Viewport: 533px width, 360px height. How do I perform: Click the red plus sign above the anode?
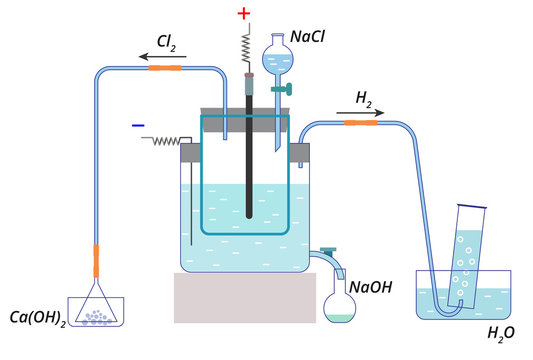click(x=245, y=14)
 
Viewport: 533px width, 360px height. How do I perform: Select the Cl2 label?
click(x=167, y=42)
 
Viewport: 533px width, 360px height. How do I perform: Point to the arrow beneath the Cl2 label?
click(x=155, y=58)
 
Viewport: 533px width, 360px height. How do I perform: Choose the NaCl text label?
click(x=308, y=38)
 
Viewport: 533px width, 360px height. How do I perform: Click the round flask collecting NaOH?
click(x=341, y=303)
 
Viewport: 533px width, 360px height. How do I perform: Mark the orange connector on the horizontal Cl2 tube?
click(x=166, y=68)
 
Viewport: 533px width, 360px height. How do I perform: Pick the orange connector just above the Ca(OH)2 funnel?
click(x=96, y=260)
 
